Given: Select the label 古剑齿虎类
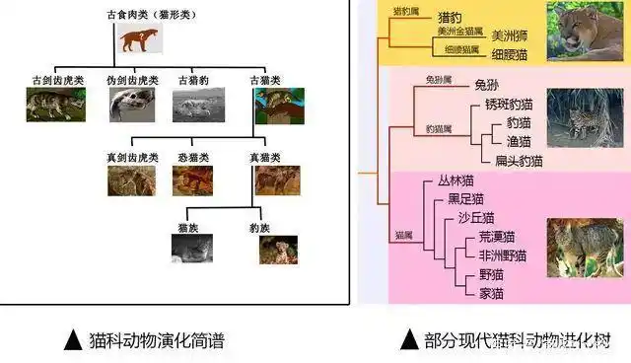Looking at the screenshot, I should point(56,79).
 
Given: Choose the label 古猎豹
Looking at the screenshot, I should point(192,79).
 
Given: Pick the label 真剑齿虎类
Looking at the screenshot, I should point(131,157).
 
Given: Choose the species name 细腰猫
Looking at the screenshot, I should point(509,54).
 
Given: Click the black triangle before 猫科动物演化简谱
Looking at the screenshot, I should point(72,341).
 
